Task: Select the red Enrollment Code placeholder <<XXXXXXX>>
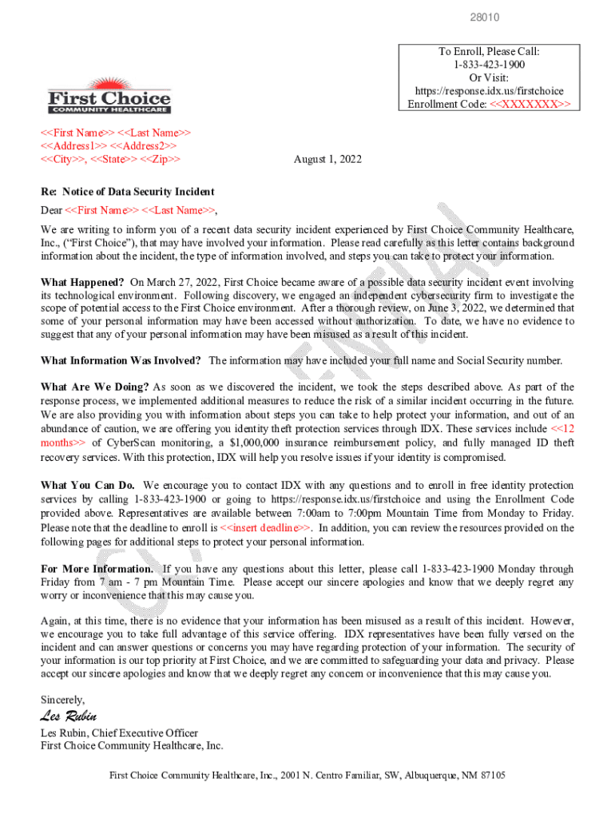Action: coord(530,105)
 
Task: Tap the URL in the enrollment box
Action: coord(489,91)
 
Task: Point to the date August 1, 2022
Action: coord(327,160)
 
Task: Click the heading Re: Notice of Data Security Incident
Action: coord(127,192)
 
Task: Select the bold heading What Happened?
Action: coord(82,283)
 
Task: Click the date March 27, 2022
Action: coord(188,283)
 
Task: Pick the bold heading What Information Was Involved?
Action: coord(121,360)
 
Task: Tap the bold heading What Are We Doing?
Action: coord(94,387)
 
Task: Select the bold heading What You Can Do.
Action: coord(88,485)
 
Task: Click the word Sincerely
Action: coord(63,700)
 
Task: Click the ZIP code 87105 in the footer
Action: coord(492,776)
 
